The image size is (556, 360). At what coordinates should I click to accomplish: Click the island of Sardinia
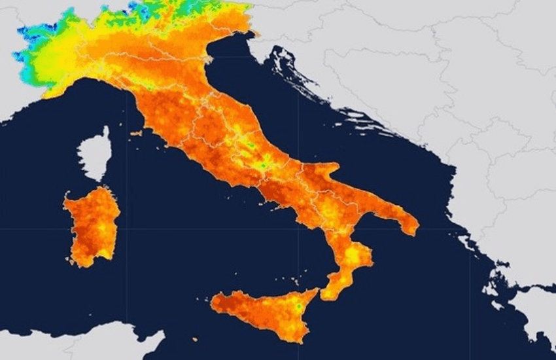tap(92, 226)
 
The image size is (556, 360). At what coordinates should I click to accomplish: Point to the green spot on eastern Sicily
tap(298, 306)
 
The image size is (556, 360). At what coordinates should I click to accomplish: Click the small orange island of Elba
tap(136, 134)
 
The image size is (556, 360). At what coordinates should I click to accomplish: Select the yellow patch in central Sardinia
tap(101, 229)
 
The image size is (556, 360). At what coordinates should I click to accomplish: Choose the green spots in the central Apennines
tap(258, 160)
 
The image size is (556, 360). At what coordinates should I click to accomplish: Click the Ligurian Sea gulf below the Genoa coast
tap(98, 92)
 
